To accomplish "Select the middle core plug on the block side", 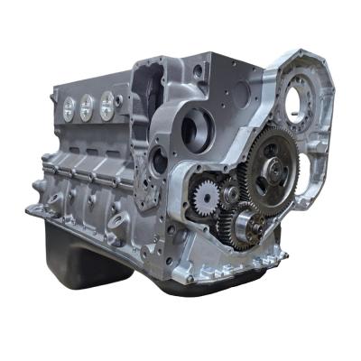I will click(x=86, y=106).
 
